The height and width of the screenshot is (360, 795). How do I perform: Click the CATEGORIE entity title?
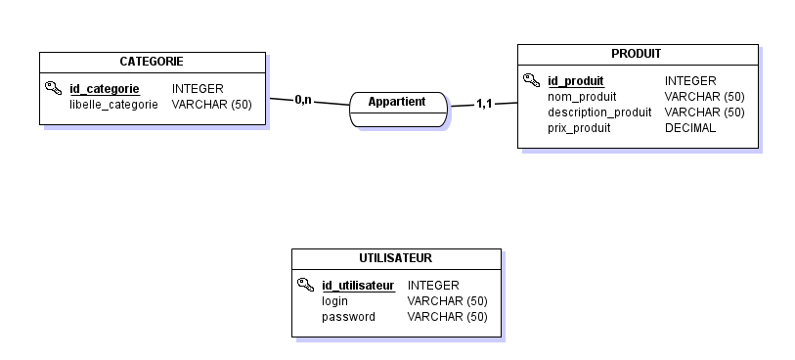[152, 62]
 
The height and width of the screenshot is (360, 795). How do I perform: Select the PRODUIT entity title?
[637, 54]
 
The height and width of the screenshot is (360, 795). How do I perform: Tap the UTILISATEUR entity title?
[396, 258]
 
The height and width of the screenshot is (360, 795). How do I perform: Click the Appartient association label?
[397, 102]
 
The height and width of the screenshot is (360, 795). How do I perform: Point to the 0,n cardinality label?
[303, 99]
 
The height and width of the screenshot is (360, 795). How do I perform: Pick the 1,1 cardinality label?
[484, 104]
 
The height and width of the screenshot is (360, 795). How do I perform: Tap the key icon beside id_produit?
[531, 80]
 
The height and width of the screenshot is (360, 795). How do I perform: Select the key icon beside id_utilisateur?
[305, 285]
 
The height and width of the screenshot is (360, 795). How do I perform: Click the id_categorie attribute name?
[104, 89]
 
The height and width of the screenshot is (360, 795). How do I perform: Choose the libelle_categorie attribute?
[113, 104]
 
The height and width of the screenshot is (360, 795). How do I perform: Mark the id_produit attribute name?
[575, 81]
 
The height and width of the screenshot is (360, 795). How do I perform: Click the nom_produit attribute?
[582, 97]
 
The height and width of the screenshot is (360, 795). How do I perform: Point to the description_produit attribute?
[599, 112]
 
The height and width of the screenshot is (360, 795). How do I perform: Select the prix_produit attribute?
[579, 128]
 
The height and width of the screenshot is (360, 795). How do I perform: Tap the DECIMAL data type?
[690, 128]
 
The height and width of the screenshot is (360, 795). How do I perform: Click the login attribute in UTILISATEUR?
[334, 301]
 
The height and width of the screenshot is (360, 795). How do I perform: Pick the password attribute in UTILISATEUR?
[348, 317]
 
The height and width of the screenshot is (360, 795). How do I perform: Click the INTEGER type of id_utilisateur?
[433, 286]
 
